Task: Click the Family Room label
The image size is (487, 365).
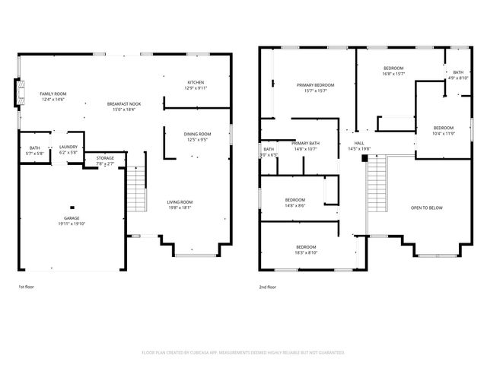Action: click(x=53, y=94)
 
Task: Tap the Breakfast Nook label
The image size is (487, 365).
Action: click(x=123, y=104)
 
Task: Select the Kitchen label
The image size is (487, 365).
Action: click(x=196, y=82)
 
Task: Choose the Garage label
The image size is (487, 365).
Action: click(x=71, y=218)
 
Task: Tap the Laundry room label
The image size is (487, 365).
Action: click(x=68, y=148)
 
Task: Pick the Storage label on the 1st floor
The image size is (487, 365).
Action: click(x=105, y=158)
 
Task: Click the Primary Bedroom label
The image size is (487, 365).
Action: click(x=315, y=85)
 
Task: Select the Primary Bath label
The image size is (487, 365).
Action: click(x=305, y=143)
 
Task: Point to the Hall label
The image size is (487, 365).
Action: click(x=358, y=143)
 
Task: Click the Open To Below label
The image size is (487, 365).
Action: click(x=426, y=208)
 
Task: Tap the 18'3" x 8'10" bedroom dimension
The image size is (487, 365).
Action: click(x=306, y=252)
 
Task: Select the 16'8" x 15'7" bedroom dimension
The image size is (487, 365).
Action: click(x=393, y=74)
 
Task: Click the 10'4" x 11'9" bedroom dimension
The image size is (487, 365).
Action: click(x=444, y=134)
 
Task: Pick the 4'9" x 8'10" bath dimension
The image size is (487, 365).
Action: click(x=457, y=78)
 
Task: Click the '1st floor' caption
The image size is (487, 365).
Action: click(x=27, y=287)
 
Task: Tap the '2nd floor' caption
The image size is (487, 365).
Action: click(x=267, y=287)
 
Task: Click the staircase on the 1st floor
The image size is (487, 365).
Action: click(x=135, y=190)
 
